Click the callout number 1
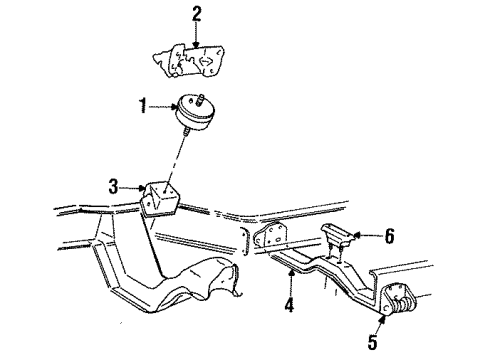(x=143, y=106)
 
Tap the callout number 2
(x=196, y=14)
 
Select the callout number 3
(x=114, y=187)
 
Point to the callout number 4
(x=289, y=304)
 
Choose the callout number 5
(x=372, y=341)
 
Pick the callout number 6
(x=389, y=236)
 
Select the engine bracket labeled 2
(x=188, y=61)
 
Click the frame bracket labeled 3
(x=160, y=199)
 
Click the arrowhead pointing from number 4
(x=292, y=274)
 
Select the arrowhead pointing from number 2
(x=196, y=44)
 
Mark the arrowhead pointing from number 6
(x=356, y=236)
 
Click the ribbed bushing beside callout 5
(x=403, y=304)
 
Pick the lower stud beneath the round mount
(x=186, y=130)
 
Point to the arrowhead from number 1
(x=173, y=107)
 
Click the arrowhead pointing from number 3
(x=143, y=189)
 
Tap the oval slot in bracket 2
(x=206, y=61)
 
